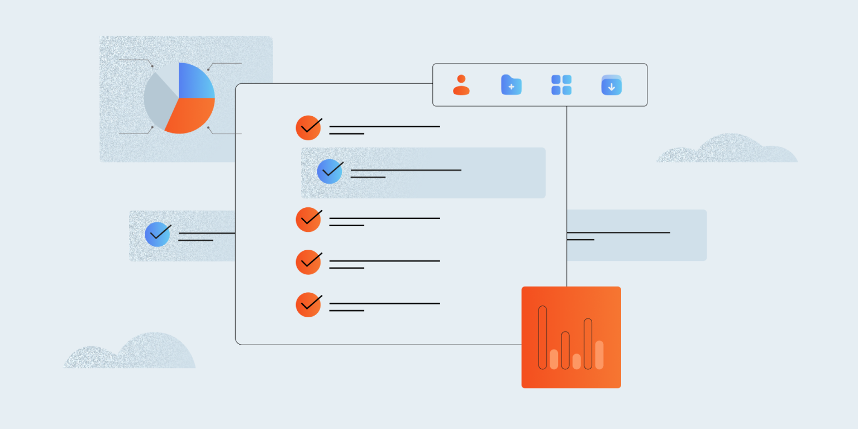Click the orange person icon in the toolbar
tap(461, 85)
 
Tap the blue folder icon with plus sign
tap(511, 85)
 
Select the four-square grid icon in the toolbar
tap(561, 85)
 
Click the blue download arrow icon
tap(611, 85)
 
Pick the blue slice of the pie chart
tap(195, 81)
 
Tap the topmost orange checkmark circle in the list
tap(308, 128)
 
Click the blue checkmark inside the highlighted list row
tap(330, 171)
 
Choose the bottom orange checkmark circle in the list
tap(308, 305)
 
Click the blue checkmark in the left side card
tap(158, 235)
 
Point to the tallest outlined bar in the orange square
tap(542, 337)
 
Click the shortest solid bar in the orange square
tap(576, 361)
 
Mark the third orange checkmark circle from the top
tap(308, 262)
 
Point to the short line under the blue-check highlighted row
tap(368, 178)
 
